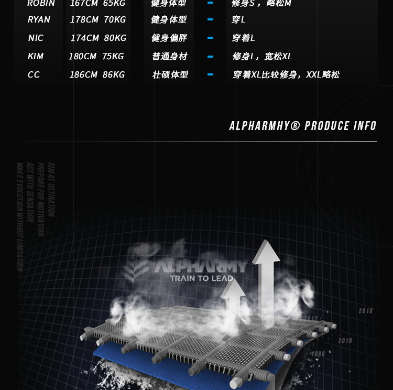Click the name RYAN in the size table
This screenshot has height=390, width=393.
point(39,20)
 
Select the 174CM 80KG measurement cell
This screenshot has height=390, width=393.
point(99,38)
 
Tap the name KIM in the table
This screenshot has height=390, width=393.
point(36,57)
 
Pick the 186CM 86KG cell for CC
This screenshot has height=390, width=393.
point(97,75)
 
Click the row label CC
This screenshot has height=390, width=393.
point(34,75)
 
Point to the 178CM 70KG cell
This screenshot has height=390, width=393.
point(98,20)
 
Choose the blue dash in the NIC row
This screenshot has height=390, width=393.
point(210,38)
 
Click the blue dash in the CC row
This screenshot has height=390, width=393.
point(210,74)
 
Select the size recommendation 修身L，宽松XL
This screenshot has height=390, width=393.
point(262,57)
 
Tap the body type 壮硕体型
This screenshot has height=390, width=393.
point(170,75)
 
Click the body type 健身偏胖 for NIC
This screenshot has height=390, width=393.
point(169,38)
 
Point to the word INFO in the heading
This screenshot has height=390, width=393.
point(365,126)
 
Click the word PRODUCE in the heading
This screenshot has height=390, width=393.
point(327,126)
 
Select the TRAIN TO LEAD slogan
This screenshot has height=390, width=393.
point(201,278)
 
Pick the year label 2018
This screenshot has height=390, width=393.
point(365,311)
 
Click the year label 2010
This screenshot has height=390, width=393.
point(345,341)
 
